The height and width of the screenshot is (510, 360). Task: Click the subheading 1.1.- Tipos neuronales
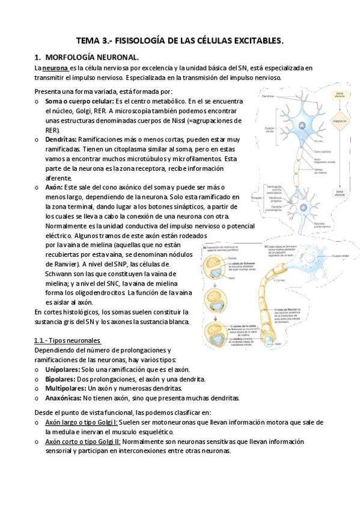point(67,341)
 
